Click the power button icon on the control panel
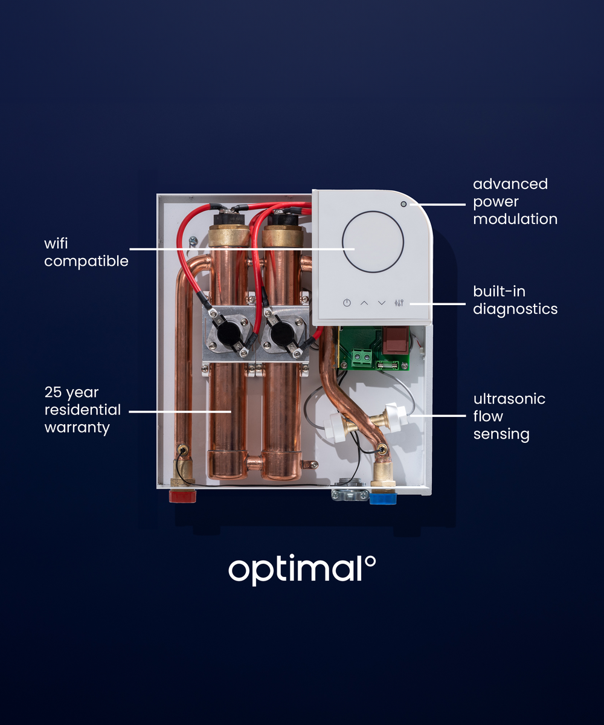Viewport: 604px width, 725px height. pos(347,303)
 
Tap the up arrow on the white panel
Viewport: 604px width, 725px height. pos(364,303)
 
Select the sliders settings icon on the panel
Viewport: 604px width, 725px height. pos(399,303)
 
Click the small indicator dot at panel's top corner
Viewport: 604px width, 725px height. pos(403,204)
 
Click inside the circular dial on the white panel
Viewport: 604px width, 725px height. pos(373,241)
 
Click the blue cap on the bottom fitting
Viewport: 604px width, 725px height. pos(382,498)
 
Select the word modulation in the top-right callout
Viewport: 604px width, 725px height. pos(515,219)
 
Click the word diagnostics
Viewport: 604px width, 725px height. pos(515,309)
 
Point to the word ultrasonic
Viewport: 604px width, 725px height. pos(509,399)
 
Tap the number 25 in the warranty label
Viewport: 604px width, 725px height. pos(53,393)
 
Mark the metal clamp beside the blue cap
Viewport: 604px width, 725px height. pos(349,494)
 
